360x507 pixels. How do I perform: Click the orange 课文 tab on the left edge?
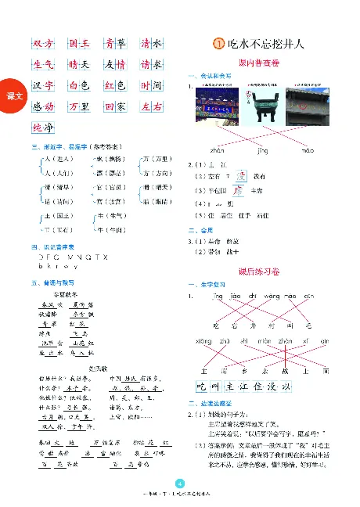(x=13, y=95)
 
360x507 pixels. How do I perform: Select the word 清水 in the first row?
(x=152, y=44)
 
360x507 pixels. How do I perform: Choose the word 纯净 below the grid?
(x=44, y=127)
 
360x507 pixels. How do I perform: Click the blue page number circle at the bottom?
(x=180, y=483)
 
